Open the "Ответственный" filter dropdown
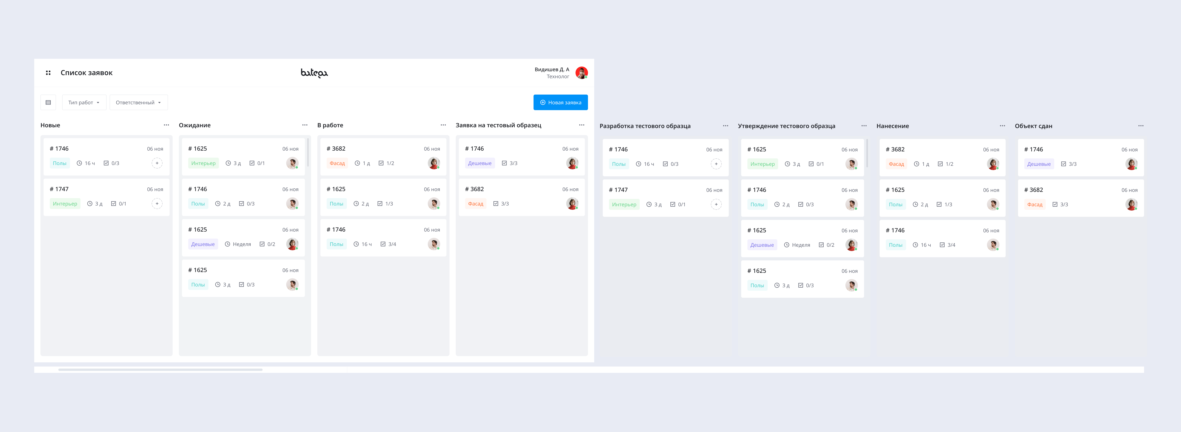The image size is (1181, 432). point(138,102)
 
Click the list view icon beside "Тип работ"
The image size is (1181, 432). point(48,102)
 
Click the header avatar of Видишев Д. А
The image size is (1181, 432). point(581,72)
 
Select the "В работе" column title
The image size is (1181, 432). point(330,125)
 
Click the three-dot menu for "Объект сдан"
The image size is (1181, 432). point(1141,126)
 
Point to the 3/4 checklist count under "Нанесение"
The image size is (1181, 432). point(951,245)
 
